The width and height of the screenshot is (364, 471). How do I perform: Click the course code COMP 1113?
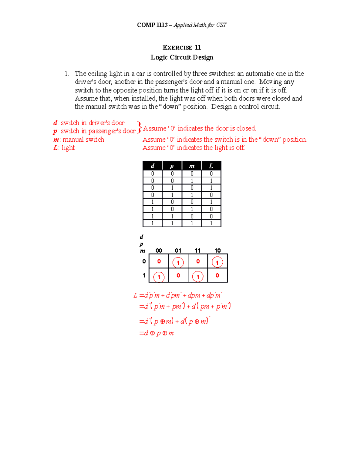(x=152, y=25)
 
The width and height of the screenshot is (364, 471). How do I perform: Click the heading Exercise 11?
(x=182, y=47)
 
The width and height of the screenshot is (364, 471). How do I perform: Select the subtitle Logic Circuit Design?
(x=182, y=57)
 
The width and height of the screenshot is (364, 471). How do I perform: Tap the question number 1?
(x=66, y=74)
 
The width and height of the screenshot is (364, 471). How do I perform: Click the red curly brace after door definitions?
(x=139, y=127)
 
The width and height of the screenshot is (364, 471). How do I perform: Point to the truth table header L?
(x=211, y=166)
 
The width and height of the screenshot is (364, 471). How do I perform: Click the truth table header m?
(x=192, y=166)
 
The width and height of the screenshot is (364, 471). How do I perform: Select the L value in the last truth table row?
(x=211, y=223)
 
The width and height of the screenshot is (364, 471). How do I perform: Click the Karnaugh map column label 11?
(x=198, y=251)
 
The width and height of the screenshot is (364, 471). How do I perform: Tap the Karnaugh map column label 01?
(x=178, y=251)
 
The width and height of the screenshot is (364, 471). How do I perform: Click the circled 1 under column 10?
(x=217, y=262)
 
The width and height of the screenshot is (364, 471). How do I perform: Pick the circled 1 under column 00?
(x=159, y=277)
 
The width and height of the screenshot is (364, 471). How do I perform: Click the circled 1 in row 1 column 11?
(x=198, y=277)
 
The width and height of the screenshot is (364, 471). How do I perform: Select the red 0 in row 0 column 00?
(x=159, y=261)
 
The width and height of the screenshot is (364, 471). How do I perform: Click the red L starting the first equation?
(x=135, y=295)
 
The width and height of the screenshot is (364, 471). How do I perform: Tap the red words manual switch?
(x=83, y=140)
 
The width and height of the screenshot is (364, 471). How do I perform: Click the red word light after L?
(x=68, y=148)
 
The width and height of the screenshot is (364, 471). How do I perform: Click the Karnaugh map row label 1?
(x=144, y=275)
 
